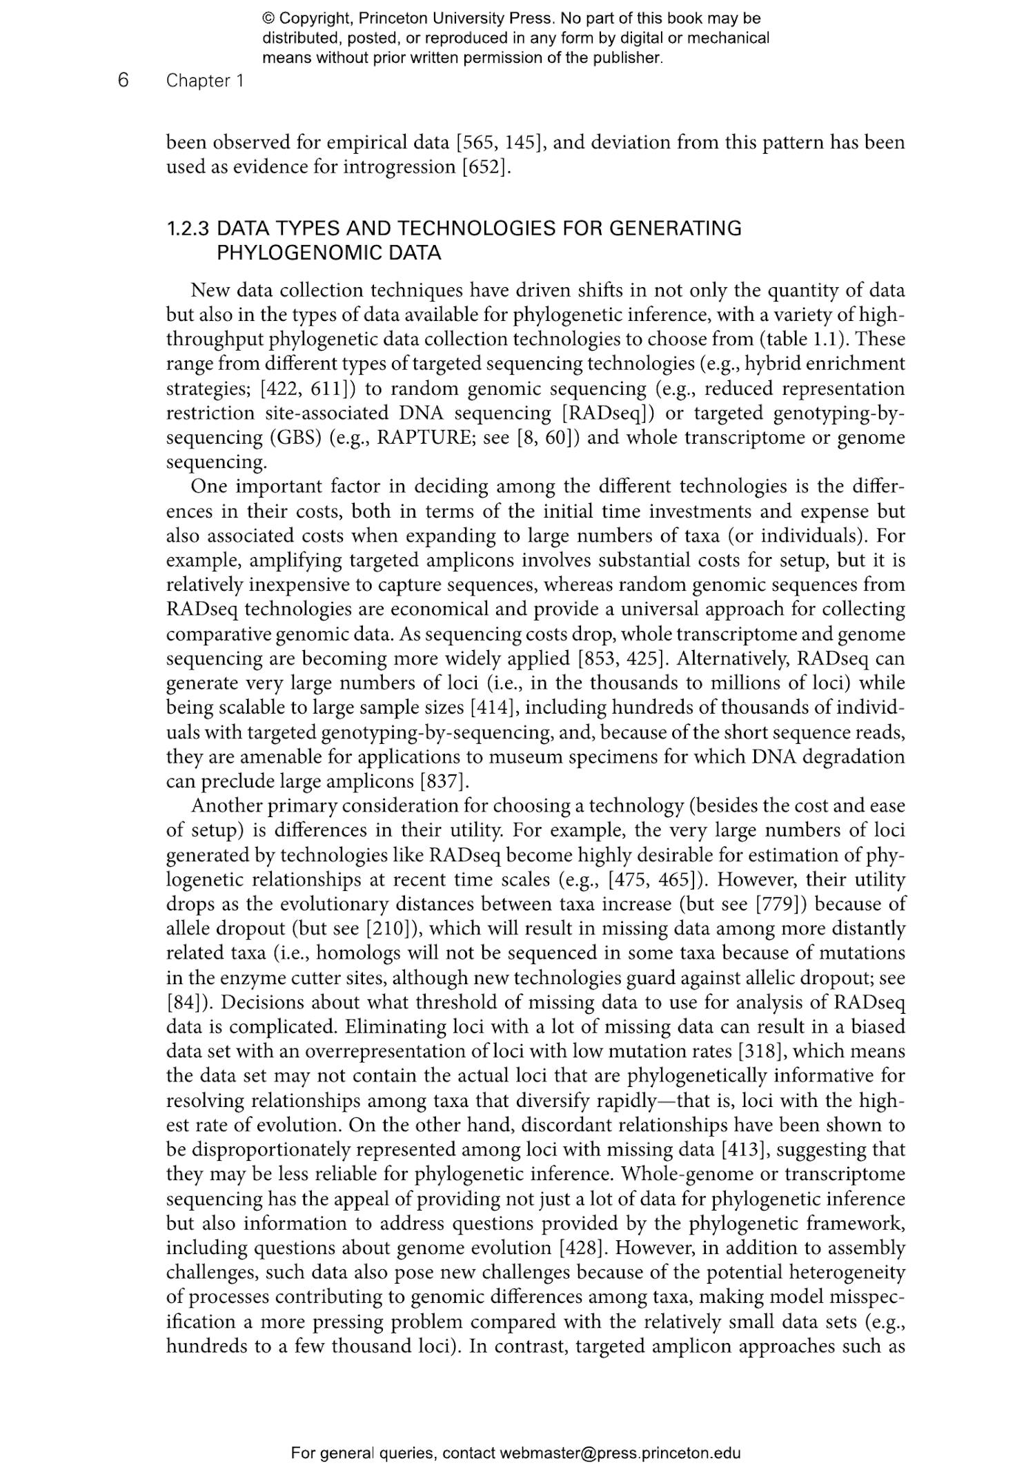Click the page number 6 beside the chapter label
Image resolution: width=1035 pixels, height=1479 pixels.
(123, 81)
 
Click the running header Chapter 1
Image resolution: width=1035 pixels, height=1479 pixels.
(204, 81)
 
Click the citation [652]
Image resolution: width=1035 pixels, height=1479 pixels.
(486, 167)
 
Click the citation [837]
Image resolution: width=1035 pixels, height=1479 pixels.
(444, 781)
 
